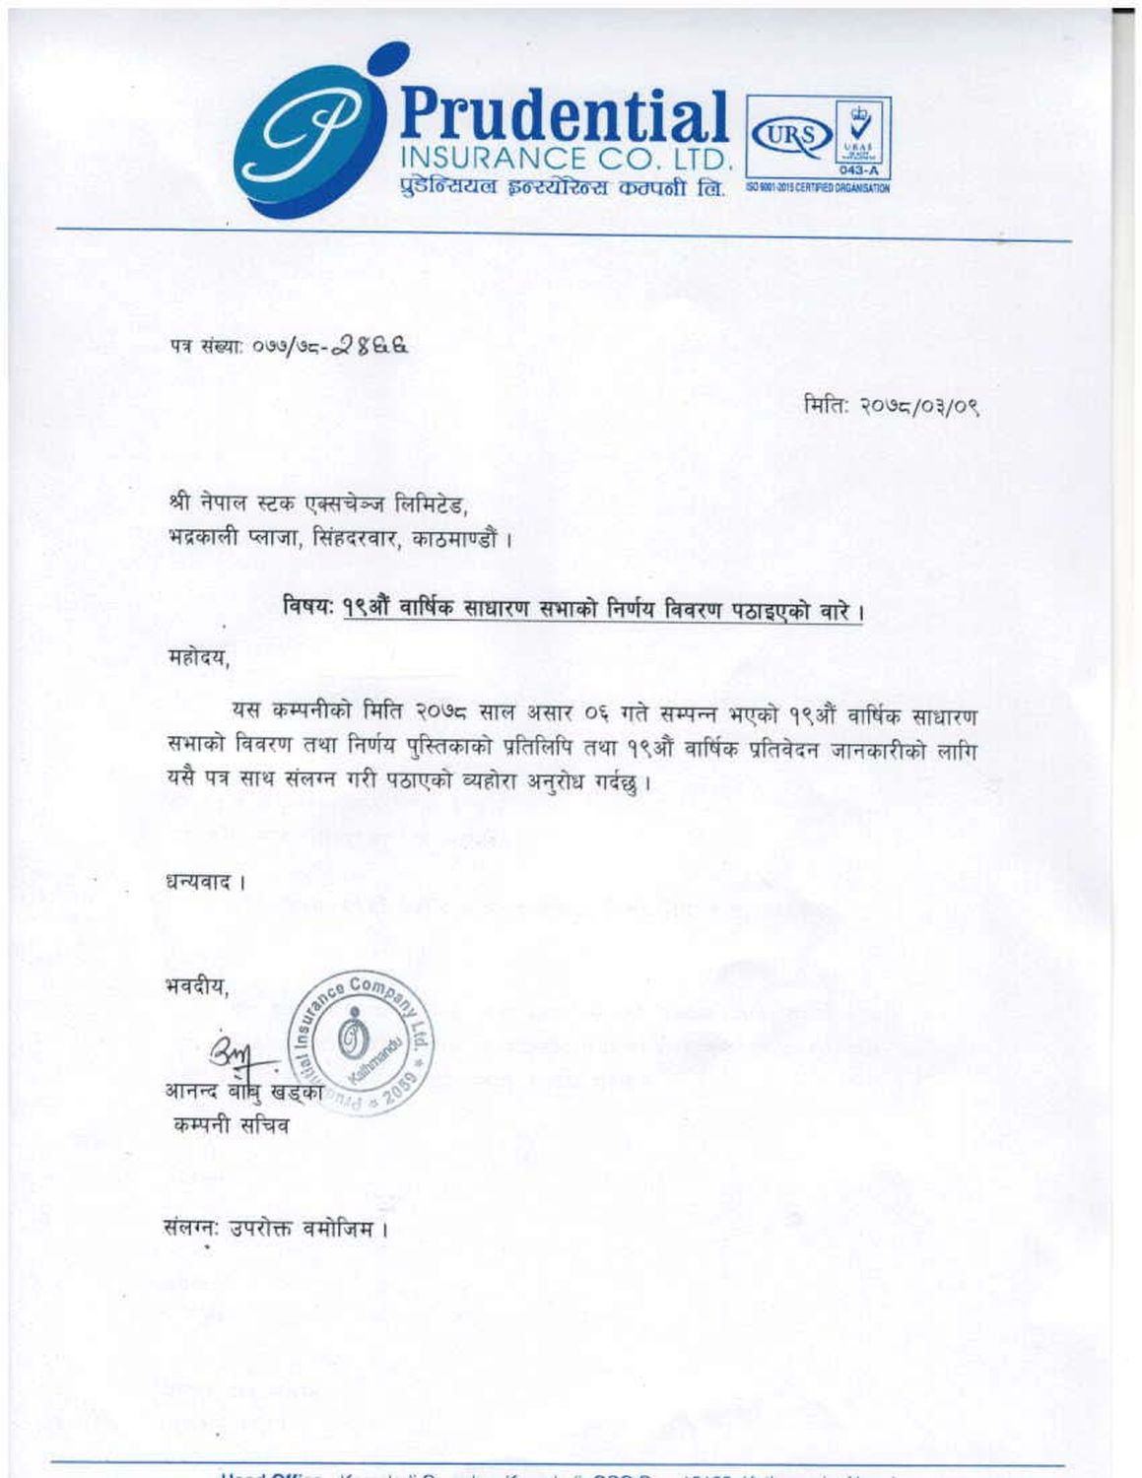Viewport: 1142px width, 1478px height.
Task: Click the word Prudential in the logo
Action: [x=564, y=115]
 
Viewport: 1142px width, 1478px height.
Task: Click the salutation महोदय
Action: [x=198, y=658]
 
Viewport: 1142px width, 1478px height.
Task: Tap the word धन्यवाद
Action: [x=200, y=882]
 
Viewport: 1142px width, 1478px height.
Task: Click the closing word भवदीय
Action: [x=197, y=985]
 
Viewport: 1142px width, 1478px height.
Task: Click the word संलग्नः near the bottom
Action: [x=192, y=1229]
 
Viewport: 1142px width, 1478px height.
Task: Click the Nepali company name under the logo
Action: [x=563, y=187]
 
